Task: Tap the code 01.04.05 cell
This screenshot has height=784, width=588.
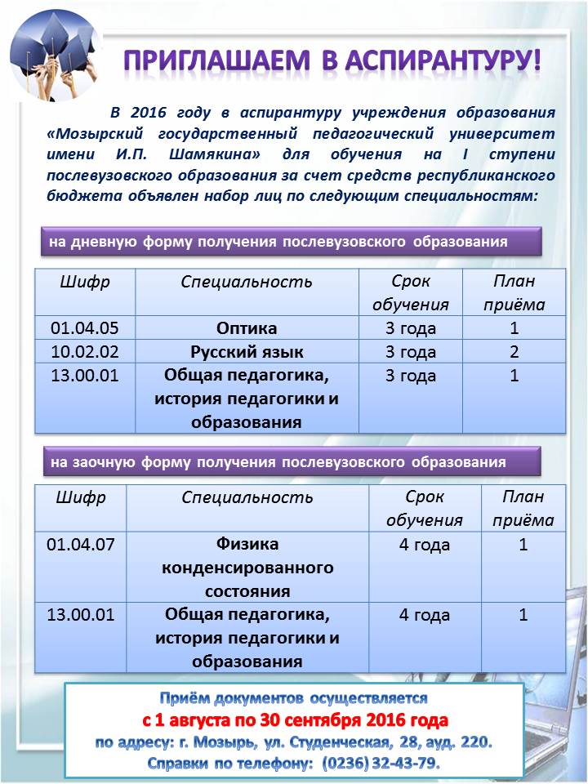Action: pyautogui.click(x=85, y=328)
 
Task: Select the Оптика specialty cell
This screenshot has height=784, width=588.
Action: pyautogui.click(x=247, y=328)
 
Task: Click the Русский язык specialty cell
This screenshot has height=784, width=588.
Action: pyautogui.click(x=247, y=353)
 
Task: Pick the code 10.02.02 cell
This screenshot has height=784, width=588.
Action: pyautogui.click(x=85, y=353)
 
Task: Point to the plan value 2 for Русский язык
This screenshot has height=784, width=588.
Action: pyautogui.click(x=514, y=353)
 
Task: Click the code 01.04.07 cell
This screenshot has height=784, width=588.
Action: pyautogui.click(x=80, y=545)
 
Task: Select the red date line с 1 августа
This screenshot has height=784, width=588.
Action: pyautogui.click(x=295, y=721)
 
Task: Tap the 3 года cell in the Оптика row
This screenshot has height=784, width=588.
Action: pyautogui.click(x=411, y=328)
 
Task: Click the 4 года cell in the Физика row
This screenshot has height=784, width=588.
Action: pyautogui.click(x=425, y=545)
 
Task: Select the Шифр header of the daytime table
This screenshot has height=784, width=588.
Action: pyautogui.click(x=85, y=283)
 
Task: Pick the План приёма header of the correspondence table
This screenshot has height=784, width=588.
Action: pyautogui.click(x=523, y=508)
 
